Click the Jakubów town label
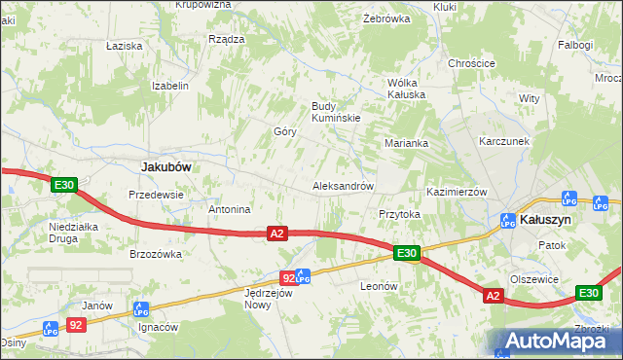click(165, 166)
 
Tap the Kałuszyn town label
click(545, 220)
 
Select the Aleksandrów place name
click(343, 185)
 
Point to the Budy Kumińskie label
click(336, 112)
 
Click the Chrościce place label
click(472, 63)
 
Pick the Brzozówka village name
click(156, 254)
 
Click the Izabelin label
click(169, 86)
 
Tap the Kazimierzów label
click(457, 192)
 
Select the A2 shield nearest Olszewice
click(493, 296)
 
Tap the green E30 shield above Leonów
click(407, 254)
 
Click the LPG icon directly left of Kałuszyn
click(507, 221)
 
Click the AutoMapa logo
click(555, 342)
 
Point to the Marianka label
click(407, 143)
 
